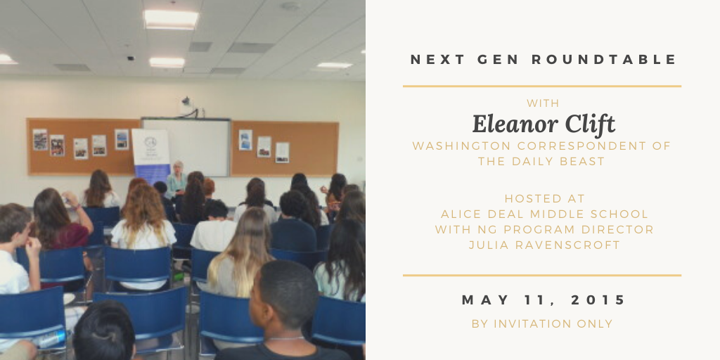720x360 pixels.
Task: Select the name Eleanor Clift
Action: click(544, 124)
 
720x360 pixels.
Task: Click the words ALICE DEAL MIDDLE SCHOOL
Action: click(545, 214)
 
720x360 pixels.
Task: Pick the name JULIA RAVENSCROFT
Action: click(545, 245)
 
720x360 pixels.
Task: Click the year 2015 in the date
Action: click(598, 300)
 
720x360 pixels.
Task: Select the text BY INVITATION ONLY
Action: click(542, 323)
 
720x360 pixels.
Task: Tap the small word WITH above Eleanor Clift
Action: click(543, 103)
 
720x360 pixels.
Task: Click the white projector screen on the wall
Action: click(186, 147)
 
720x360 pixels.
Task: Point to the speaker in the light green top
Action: click(176, 181)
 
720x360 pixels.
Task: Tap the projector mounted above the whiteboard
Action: click(186, 101)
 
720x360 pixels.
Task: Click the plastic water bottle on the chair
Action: click(51, 340)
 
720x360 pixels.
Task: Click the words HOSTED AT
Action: click(545, 198)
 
